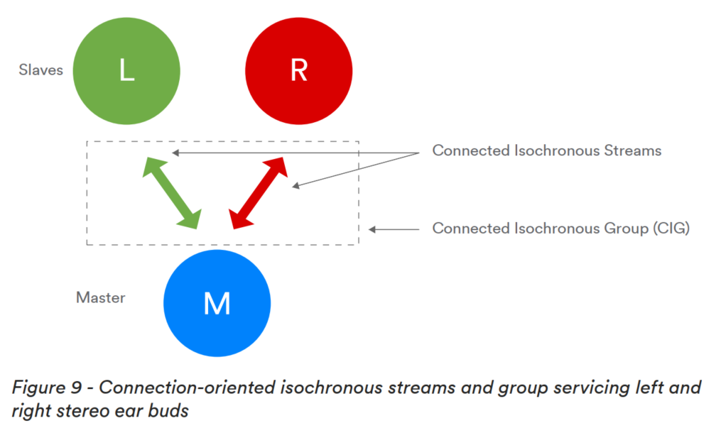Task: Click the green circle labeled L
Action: coord(126,71)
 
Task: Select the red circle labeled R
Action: coord(299,71)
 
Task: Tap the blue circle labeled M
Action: coord(217,303)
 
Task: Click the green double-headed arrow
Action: coord(172,193)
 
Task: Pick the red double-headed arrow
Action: coord(258,193)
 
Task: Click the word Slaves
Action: coord(41,70)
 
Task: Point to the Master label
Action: coord(101,297)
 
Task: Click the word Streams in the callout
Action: coord(632,150)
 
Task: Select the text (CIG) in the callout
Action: coord(671,229)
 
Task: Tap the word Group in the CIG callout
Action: coord(627,229)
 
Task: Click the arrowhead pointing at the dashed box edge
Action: coord(372,229)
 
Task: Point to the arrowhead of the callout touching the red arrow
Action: coord(296,185)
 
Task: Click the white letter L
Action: coord(127,71)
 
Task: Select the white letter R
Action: coord(299,71)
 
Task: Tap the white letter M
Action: coord(217,303)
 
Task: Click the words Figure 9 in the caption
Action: coord(47,388)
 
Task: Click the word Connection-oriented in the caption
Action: coord(187,388)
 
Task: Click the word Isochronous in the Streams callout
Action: coord(556,150)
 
